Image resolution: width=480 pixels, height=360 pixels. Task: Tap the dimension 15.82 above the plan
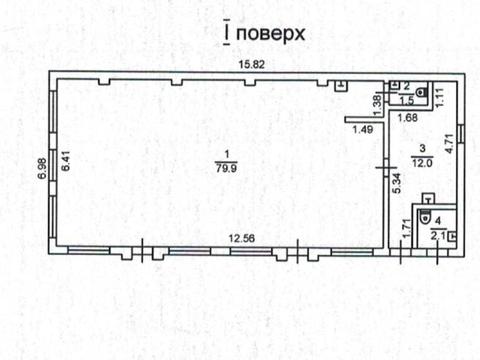[250, 66]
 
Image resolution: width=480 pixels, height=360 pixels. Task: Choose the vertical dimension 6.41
[64, 164]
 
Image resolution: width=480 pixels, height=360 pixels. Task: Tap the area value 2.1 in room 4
[436, 235]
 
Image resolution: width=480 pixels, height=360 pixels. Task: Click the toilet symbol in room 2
[423, 94]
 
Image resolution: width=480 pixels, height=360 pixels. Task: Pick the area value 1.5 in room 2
[406, 101]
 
